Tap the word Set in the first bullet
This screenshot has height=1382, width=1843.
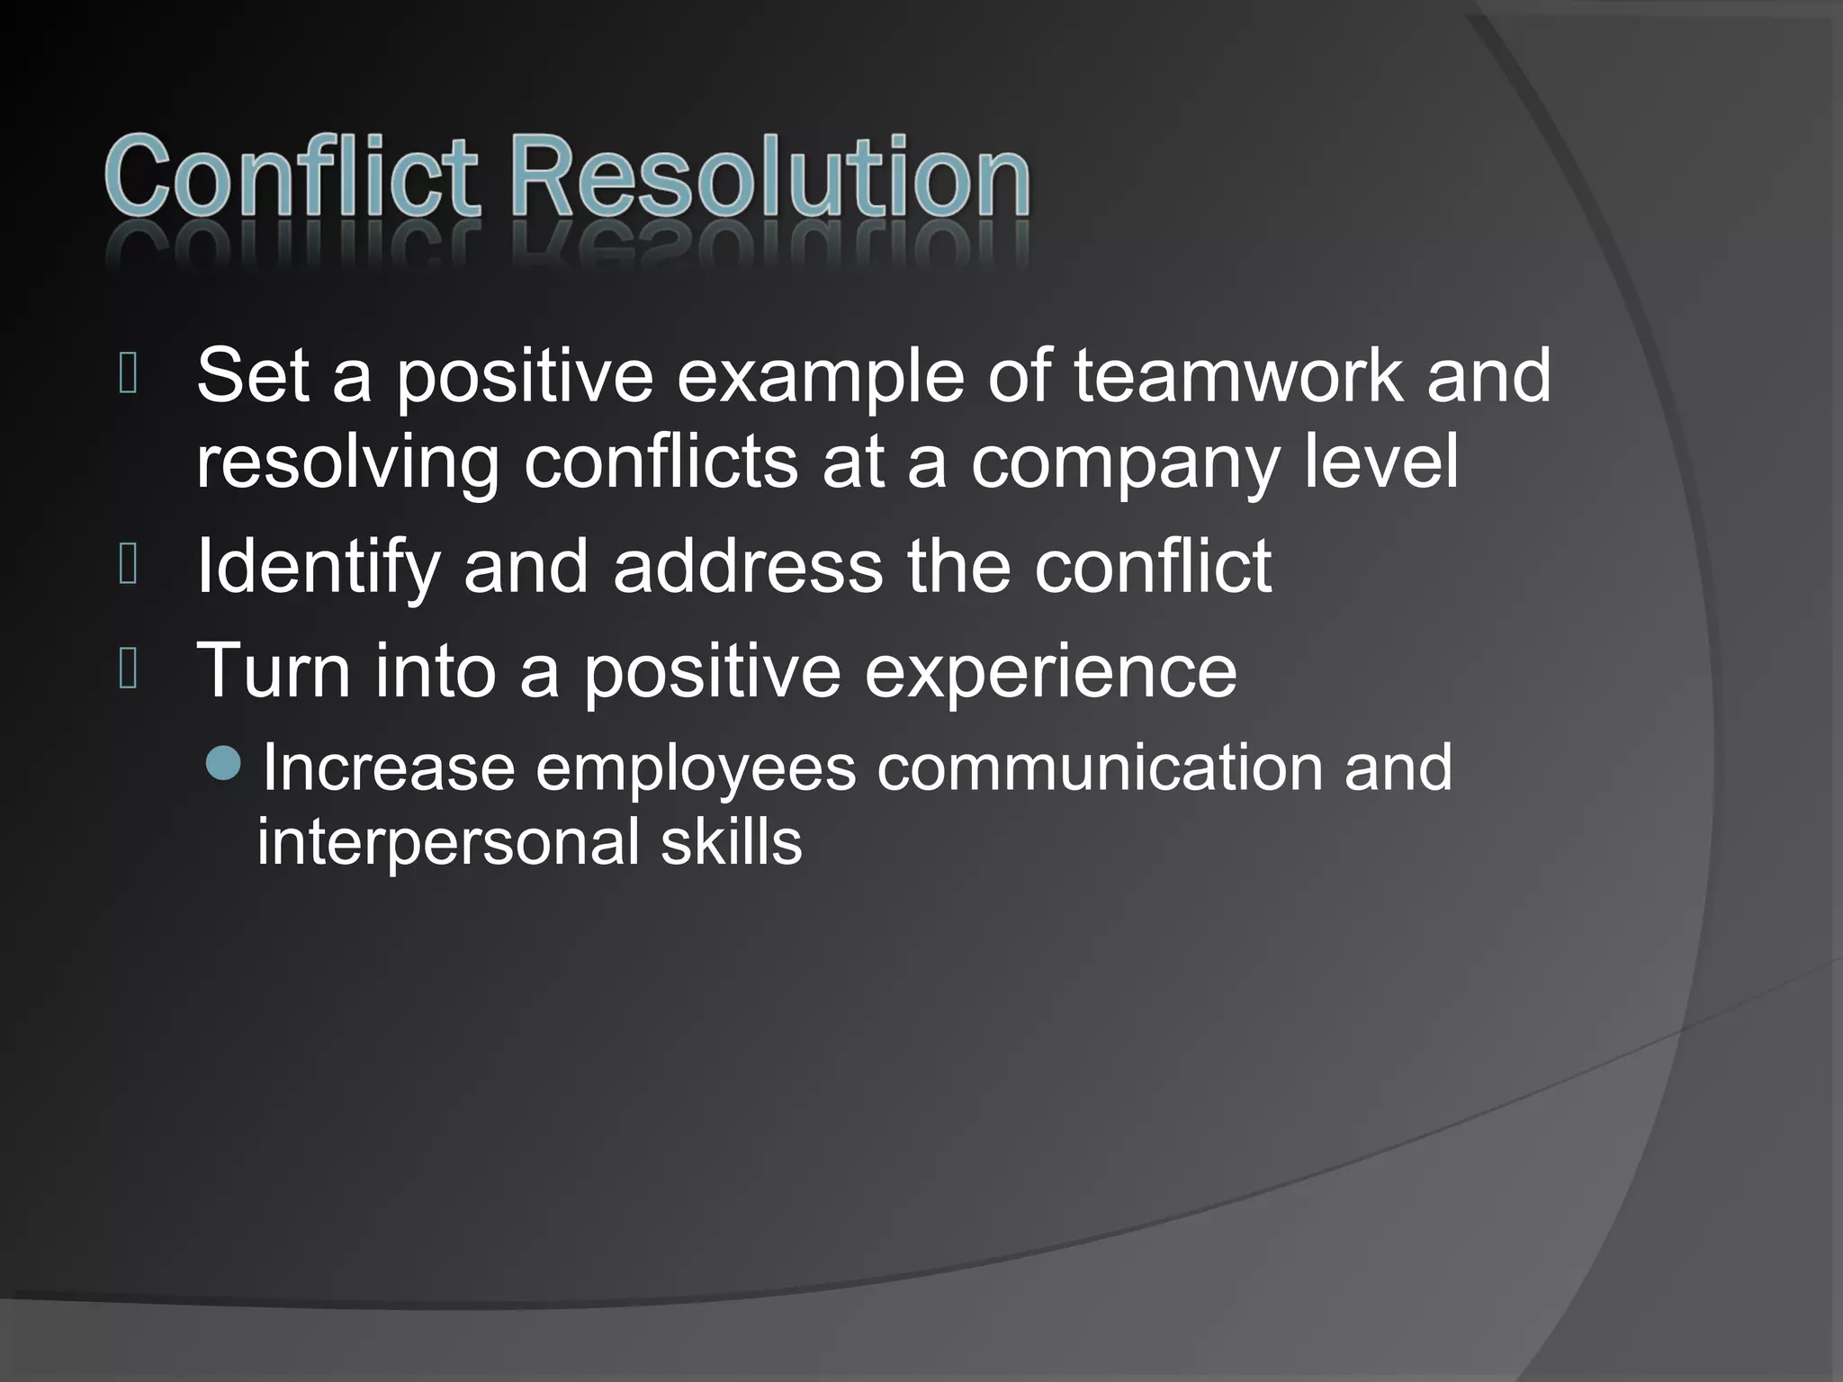[x=252, y=375]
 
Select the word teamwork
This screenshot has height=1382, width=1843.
[x=1237, y=375]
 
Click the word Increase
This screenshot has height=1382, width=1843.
[x=389, y=767]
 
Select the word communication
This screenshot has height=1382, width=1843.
[x=1100, y=767]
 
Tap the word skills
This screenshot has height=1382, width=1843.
[x=731, y=842]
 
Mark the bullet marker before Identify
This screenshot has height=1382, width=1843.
[x=128, y=565]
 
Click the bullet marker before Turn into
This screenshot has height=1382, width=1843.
[x=128, y=669]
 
